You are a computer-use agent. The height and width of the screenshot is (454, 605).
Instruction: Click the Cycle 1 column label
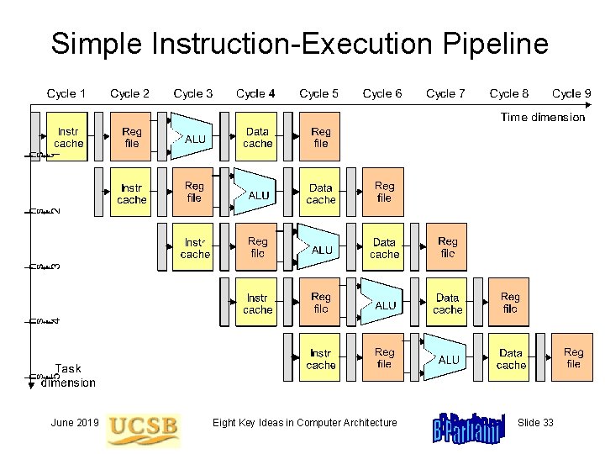coord(66,93)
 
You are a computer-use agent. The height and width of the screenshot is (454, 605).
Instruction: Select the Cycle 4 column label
coord(256,93)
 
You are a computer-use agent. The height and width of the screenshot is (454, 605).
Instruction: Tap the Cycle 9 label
coord(571,93)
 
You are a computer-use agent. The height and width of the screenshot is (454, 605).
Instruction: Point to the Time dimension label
coord(542,117)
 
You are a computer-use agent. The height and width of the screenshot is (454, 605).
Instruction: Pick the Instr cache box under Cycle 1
coord(68,137)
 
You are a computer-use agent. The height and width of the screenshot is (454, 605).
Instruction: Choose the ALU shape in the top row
coord(193,137)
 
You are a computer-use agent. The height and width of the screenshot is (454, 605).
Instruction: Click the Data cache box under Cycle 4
coord(257,137)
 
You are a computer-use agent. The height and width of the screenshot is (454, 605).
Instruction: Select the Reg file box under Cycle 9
coord(573,358)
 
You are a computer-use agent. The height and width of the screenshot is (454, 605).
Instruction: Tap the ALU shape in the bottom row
coord(447,358)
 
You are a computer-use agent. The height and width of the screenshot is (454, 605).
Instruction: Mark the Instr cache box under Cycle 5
coord(320,358)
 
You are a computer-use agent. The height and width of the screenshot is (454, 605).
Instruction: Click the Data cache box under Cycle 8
coord(510,358)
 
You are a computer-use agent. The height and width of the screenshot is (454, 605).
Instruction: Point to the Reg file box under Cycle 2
coord(131,137)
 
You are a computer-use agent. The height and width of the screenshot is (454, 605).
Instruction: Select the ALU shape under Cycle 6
coord(384,304)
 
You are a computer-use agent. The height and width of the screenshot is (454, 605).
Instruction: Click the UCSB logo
coord(143,426)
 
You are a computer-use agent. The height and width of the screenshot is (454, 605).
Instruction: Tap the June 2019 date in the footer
coord(75,422)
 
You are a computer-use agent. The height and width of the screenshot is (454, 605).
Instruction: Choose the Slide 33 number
coord(535,422)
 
